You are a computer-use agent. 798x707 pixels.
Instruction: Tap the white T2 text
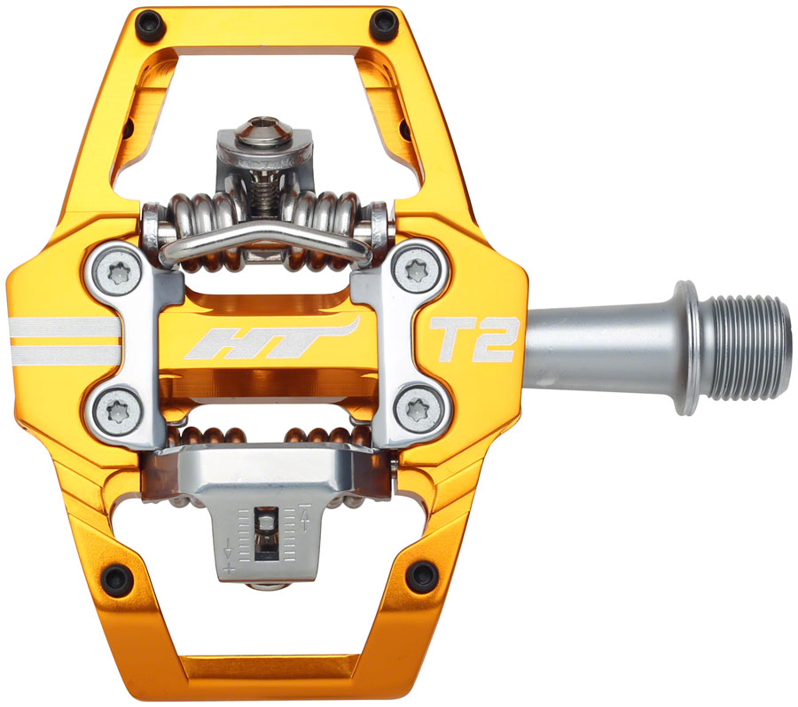(473, 340)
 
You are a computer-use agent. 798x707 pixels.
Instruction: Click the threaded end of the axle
(752, 348)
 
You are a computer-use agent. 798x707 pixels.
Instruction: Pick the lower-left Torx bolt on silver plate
(120, 410)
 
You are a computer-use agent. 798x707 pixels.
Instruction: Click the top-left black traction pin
(147, 24)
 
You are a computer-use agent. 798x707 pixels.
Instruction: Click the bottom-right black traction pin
(421, 577)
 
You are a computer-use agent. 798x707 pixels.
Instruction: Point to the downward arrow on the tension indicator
(230, 551)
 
